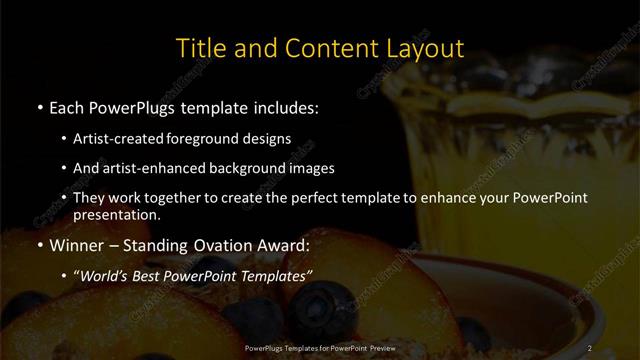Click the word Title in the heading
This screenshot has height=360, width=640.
[199, 48]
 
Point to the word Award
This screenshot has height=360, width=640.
[286, 243]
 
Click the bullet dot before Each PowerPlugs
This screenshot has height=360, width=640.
[39, 106]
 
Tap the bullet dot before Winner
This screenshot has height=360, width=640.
[39, 244]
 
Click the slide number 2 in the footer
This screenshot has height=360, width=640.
[592, 347]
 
